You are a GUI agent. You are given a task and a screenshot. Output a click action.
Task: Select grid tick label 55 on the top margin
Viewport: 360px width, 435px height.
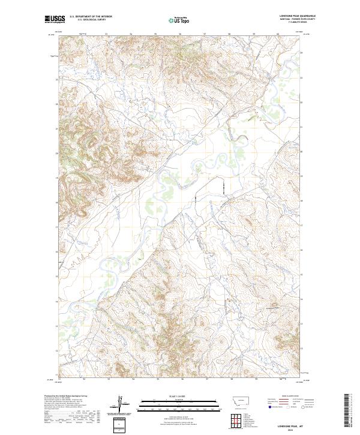(x=155, y=34)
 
